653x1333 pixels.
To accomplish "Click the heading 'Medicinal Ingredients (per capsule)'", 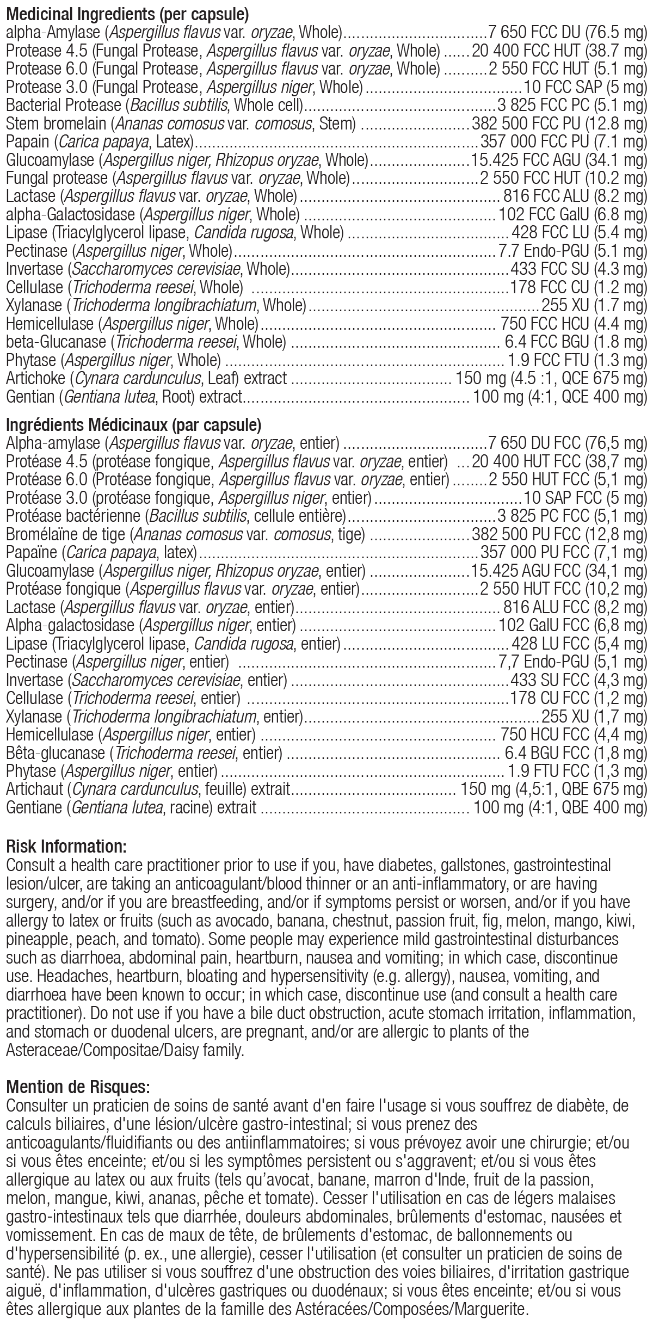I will (120, 12).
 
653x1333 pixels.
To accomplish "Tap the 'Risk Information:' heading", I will (66, 846).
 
